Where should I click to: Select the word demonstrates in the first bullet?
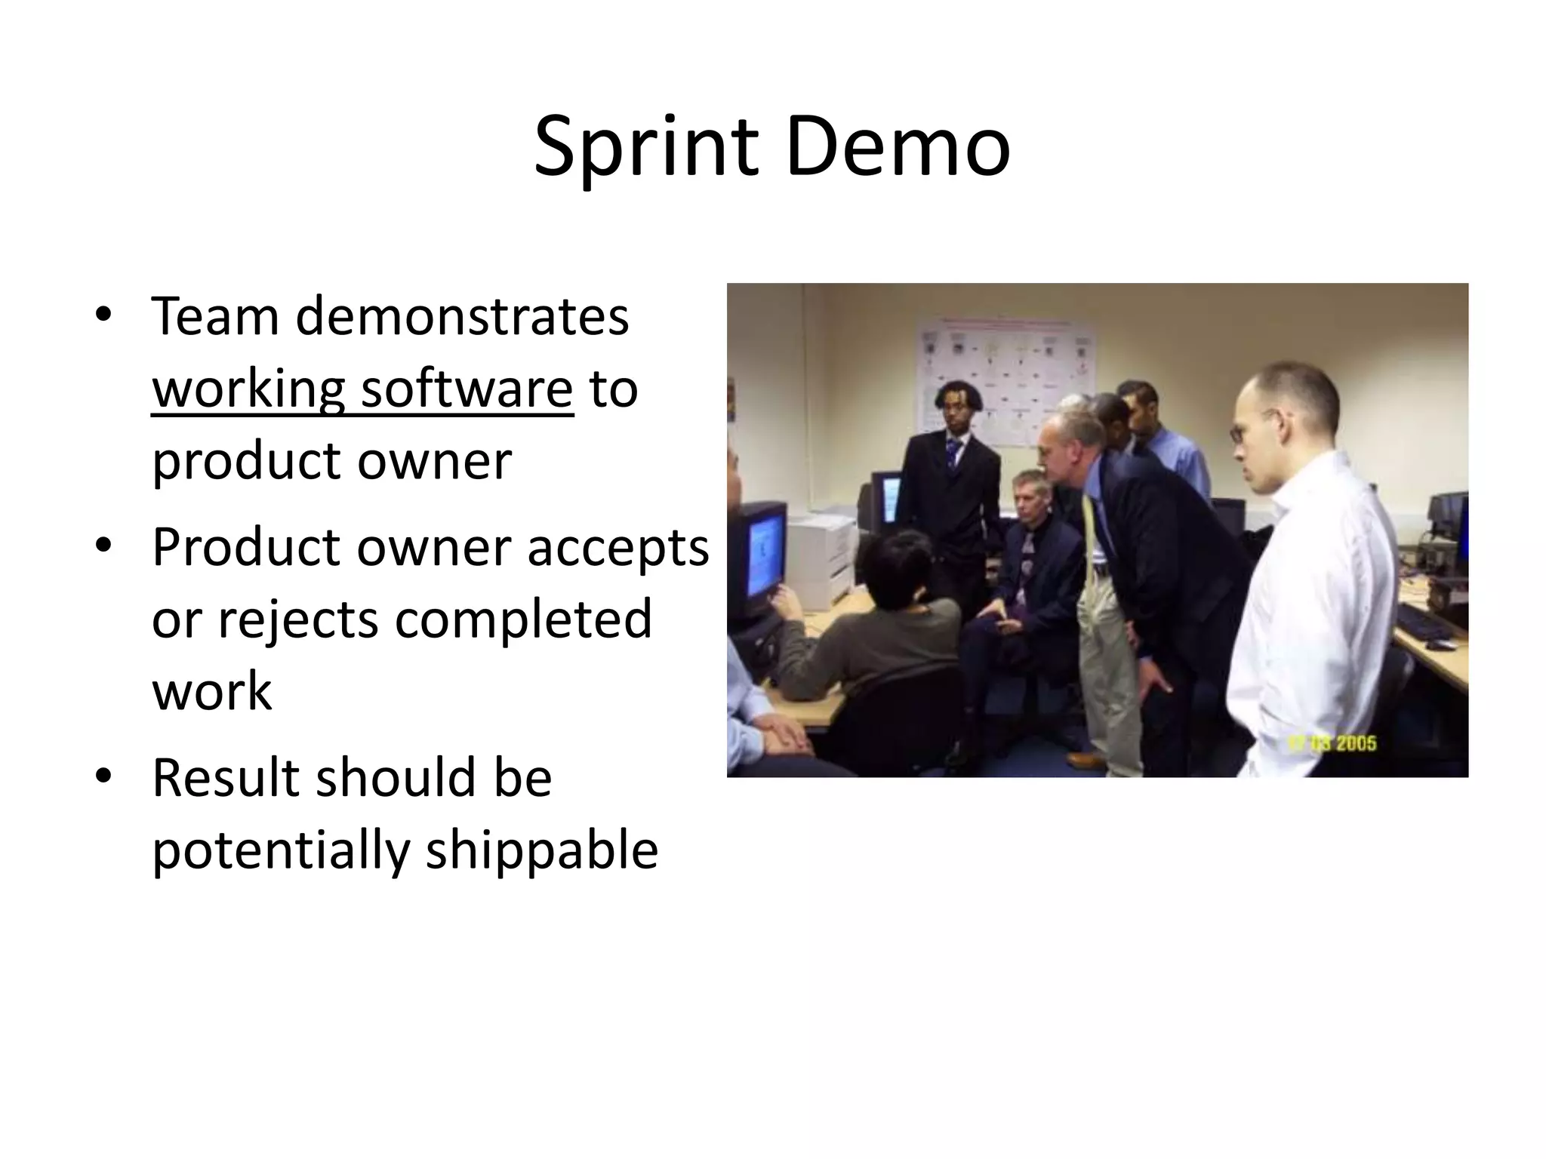[462, 316]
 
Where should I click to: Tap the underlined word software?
[467, 389]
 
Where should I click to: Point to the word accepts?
[617, 548]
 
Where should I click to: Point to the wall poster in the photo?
[1004, 377]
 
